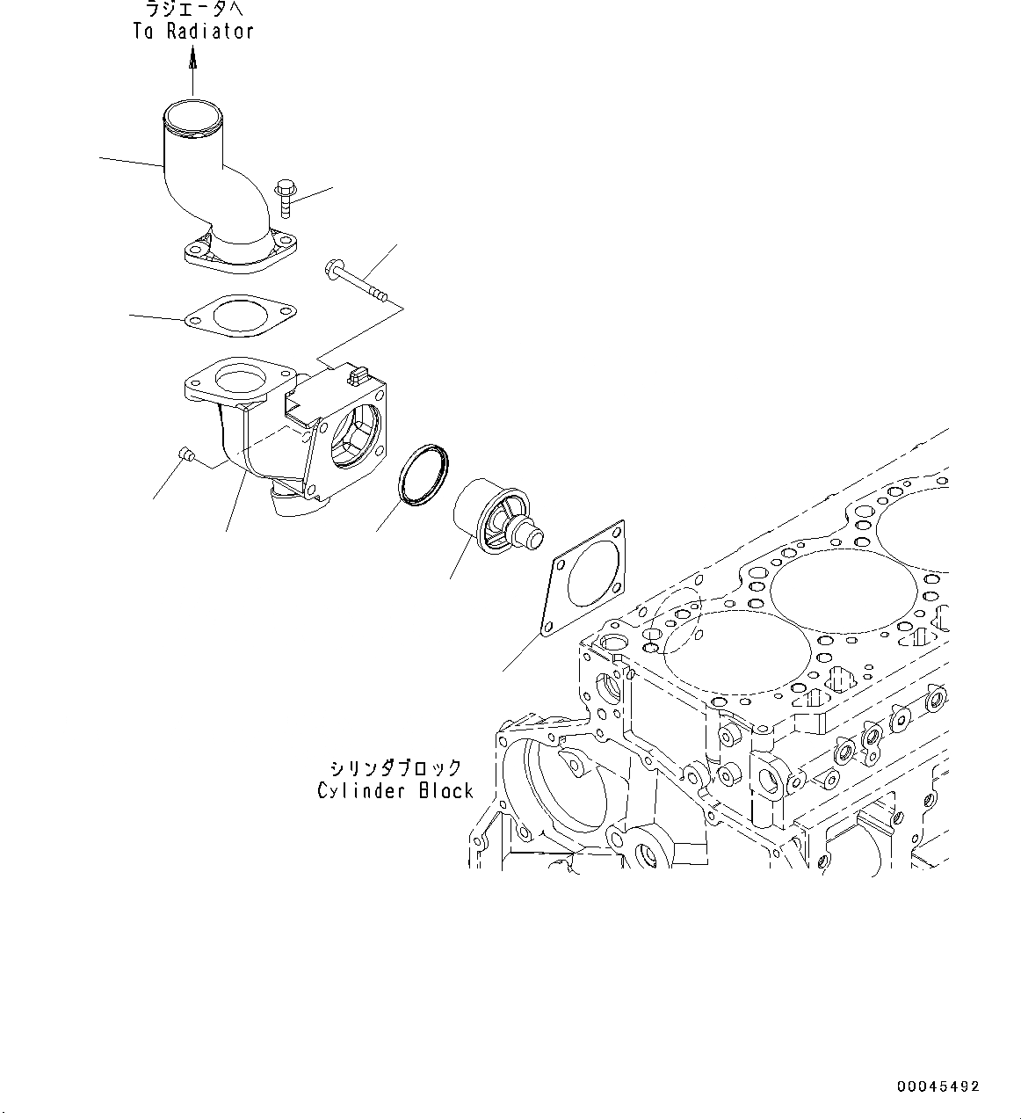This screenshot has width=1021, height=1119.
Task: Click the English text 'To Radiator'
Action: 193,32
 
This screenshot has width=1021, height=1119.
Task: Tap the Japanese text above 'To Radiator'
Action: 193,11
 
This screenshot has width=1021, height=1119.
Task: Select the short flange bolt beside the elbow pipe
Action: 286,198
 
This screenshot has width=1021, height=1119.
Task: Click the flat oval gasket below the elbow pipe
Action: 240,315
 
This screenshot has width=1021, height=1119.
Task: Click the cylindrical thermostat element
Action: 492,521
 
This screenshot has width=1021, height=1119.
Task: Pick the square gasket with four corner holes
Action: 584,577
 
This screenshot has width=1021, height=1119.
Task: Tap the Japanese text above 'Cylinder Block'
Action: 395,767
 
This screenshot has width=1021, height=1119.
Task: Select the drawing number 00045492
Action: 937,1087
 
